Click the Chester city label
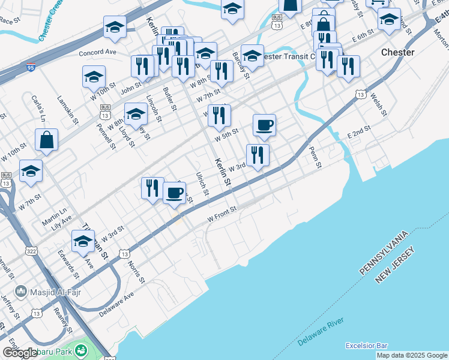397,52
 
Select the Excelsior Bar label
367,346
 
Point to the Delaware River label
321,333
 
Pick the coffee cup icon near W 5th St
264,126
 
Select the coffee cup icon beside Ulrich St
174,193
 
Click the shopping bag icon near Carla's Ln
46,140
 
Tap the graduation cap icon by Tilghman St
83,242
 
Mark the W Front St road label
223,214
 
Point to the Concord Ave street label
97,53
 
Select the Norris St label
136,272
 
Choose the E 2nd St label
359,132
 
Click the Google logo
20,353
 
